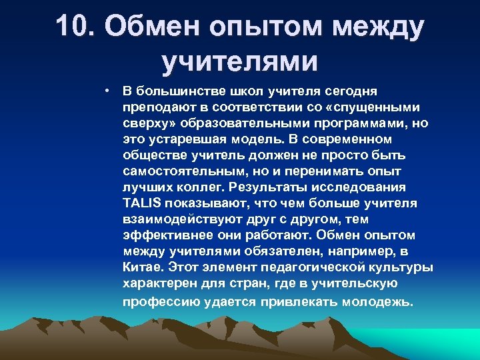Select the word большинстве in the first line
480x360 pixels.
click(x=173, y=90)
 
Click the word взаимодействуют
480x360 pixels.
click(x=178, y=219)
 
